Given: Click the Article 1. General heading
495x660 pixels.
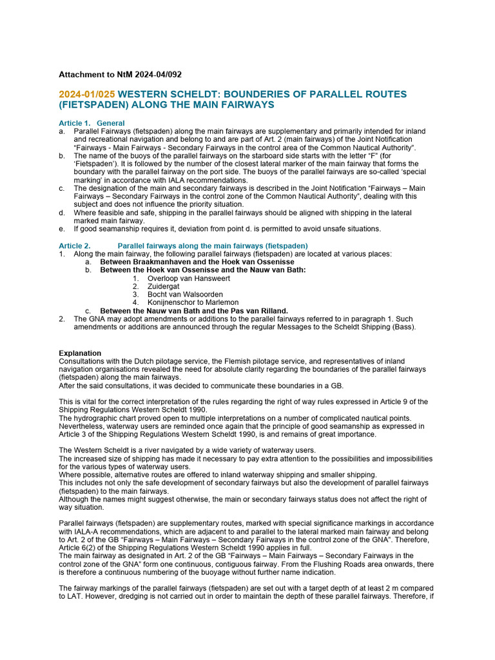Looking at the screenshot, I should tap(92, 123).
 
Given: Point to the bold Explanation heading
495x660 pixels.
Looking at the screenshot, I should tap(80, 353).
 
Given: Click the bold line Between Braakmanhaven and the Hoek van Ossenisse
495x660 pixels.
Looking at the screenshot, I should tap(197, 262).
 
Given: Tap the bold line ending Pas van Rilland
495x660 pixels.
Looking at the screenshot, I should tap(185, 311).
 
